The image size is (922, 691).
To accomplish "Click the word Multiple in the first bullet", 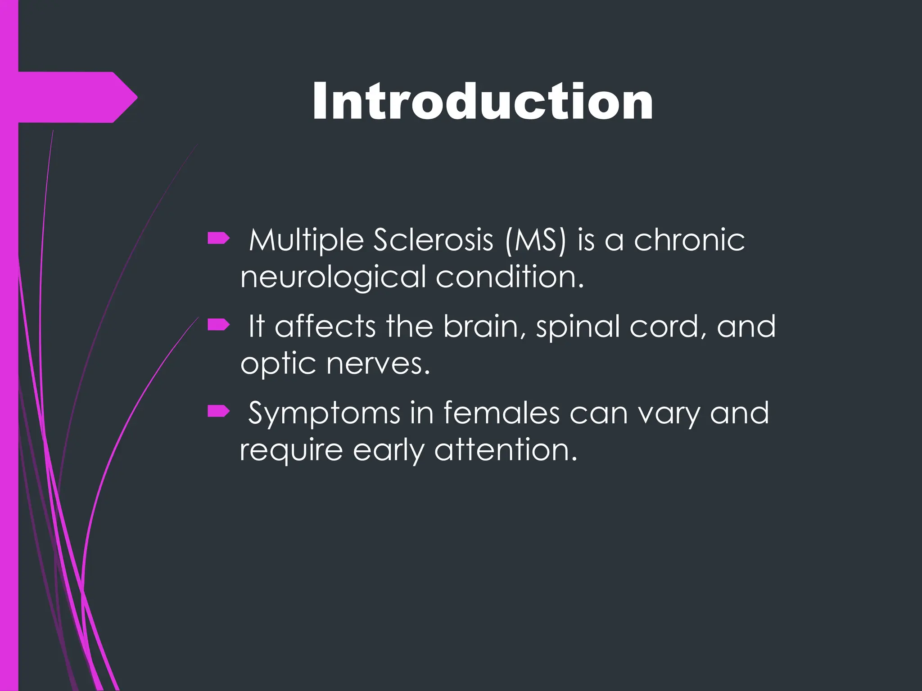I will [306, 240].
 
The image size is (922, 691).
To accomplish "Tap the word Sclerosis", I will [433, 240].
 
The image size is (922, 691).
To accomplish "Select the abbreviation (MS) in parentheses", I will [535, 240].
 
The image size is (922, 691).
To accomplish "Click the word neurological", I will [333, 277].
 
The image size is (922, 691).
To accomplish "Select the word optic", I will [278, 364].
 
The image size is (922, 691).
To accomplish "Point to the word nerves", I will [378, 363].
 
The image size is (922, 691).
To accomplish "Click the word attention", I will [505, 450].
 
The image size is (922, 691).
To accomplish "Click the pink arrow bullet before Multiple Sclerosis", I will [219, 238].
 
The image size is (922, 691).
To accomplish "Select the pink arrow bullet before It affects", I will [219, 324].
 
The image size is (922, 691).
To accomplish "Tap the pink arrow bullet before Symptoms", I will [219, 411].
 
